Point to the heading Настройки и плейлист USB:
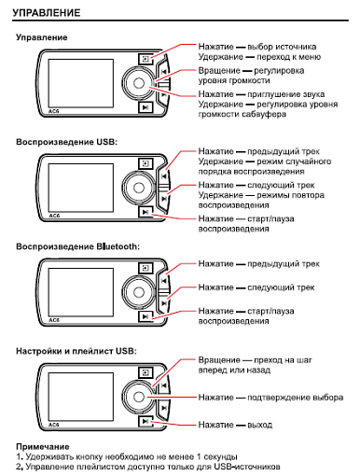click(76, 351)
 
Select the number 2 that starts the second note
click(20, 467)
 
